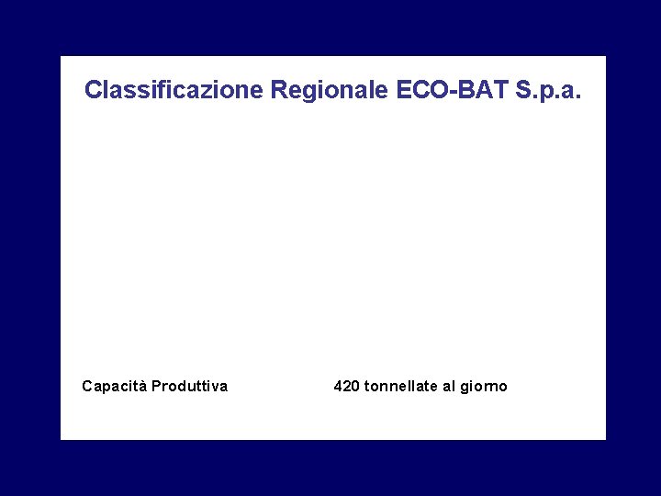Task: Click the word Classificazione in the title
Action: coord(174,90)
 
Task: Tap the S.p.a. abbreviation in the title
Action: coord(549,90)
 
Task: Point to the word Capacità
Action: coord(114,386)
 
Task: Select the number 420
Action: coord(346,386)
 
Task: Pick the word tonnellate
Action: coord(401,386)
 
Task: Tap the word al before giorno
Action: coord(448,386)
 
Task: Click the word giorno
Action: coord(484,387)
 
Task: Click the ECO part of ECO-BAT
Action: coord(422,90)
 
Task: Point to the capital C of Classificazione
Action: coord(93,90)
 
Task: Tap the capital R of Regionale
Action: coord(278,90)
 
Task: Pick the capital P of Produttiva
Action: coord(155,386)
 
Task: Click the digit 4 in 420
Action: coord(338,386)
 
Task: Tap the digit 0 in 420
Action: coord(355,386)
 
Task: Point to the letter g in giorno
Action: coord(465,388)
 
